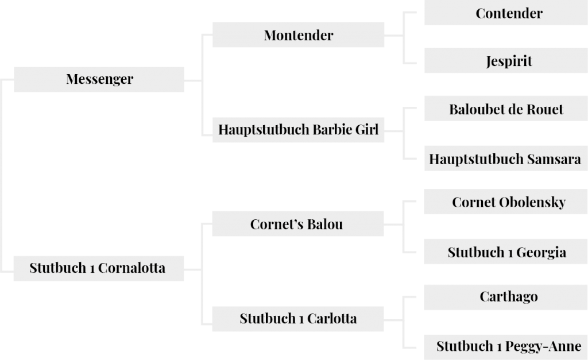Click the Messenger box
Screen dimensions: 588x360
click(99, 79)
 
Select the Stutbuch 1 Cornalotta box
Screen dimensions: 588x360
click(99, 269)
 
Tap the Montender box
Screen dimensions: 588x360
click(298, 35)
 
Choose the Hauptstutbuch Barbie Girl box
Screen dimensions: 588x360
click(298, 130)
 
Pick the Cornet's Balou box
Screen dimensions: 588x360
click(298, 224)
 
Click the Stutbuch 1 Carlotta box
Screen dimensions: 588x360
click(298, 319)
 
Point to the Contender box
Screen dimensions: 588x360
click(506, 13)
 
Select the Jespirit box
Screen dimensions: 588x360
click(506, 60)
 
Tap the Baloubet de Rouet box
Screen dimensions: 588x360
click(506, 109)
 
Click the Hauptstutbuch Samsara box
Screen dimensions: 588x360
click(506, 158)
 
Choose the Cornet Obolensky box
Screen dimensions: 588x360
click(506, 202)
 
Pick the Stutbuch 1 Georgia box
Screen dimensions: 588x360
click(506, 251)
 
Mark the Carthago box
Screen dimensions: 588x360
click(506, 297)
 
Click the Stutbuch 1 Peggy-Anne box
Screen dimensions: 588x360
click(506, 347)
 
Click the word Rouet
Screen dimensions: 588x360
click(545, 110)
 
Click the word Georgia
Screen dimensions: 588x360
click(541, 253)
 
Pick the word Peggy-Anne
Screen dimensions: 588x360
click(543, 346)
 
